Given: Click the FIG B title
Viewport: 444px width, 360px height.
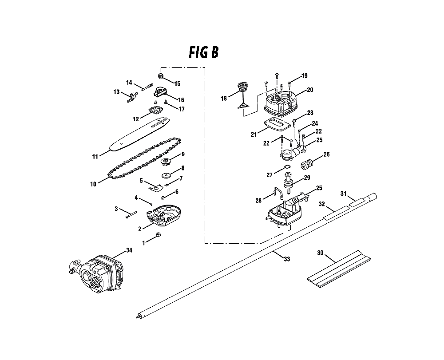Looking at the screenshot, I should coord(203,52).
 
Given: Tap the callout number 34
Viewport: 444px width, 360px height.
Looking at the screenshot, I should coord(129,251).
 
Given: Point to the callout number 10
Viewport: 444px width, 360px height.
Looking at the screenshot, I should coord(93,183).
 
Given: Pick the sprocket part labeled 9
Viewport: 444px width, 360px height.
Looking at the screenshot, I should coord(167,161).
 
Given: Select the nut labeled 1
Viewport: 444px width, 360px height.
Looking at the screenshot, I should coord(158,235).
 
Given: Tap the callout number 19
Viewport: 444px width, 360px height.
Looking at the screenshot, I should coord(305,76).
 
